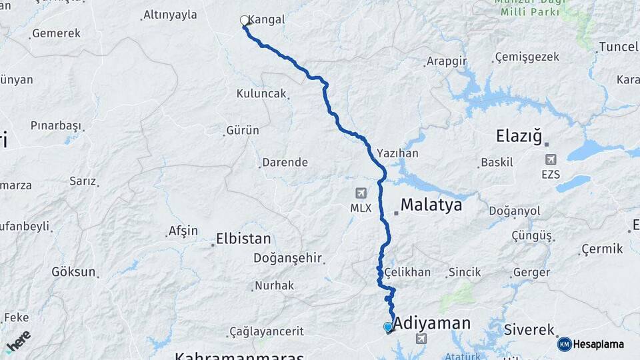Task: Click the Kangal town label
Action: pyautogui.click(x=267, y=20)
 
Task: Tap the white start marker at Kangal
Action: pyautogui.click(x=244, y=21)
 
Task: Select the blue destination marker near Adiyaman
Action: pyautogui.click(x=388, y=327)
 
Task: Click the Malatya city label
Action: pyautogui.click(x=431, y=205)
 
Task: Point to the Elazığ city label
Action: pyautogui.click(x=519, y=137)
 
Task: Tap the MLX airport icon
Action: pyautogui.click(x=361, y=193)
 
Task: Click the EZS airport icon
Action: pyautogui.click(x=551, y=160)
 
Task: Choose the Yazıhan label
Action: pyautogui.click(x=397, y=153)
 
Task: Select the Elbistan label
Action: pyautogui.click(x=243, y=239)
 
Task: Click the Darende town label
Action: pyautogui.click(x=285, y=162)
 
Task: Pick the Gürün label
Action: pyautogui.click(x=243, y=130)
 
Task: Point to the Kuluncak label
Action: pyautogui.click(x=261, y=94)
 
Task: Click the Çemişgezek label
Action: pyautogui.click(x=527, y=57)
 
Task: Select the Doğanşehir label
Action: pyautogui.click(x=287, y=258)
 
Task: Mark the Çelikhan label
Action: pyautogui.click(x=407, y=272)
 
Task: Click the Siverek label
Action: pyautogui.click(x=529, y=330)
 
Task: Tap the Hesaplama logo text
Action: pyautogui.click(x=599, y=345)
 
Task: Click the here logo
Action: pyautogui.click(x=18, y=340)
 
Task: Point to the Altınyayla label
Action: pyautogui.click(x=170, y=15)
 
